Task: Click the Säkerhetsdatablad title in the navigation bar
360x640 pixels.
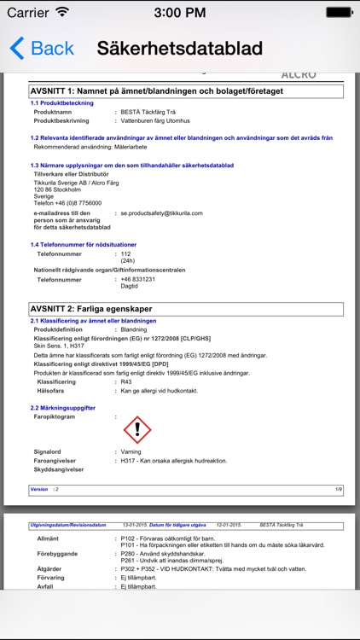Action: click(179, 49)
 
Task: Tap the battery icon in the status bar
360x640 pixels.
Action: click(342, 12)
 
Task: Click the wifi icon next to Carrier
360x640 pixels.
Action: click(62, 12)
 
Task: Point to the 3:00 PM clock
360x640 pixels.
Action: click(179, 12)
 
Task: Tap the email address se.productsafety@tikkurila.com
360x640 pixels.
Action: click(161, 212)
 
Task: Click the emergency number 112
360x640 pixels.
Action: click(125, 253)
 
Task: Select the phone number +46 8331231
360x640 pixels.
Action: click(137, 279)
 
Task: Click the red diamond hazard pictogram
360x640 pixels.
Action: click(136, 429)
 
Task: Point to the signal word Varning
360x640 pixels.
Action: click(131, 452)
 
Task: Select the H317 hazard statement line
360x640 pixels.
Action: click(174, 461)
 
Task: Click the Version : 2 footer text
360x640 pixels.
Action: click(44, 489)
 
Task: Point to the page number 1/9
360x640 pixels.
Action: click(338, 489)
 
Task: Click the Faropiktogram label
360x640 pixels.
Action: click(54, 416)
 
